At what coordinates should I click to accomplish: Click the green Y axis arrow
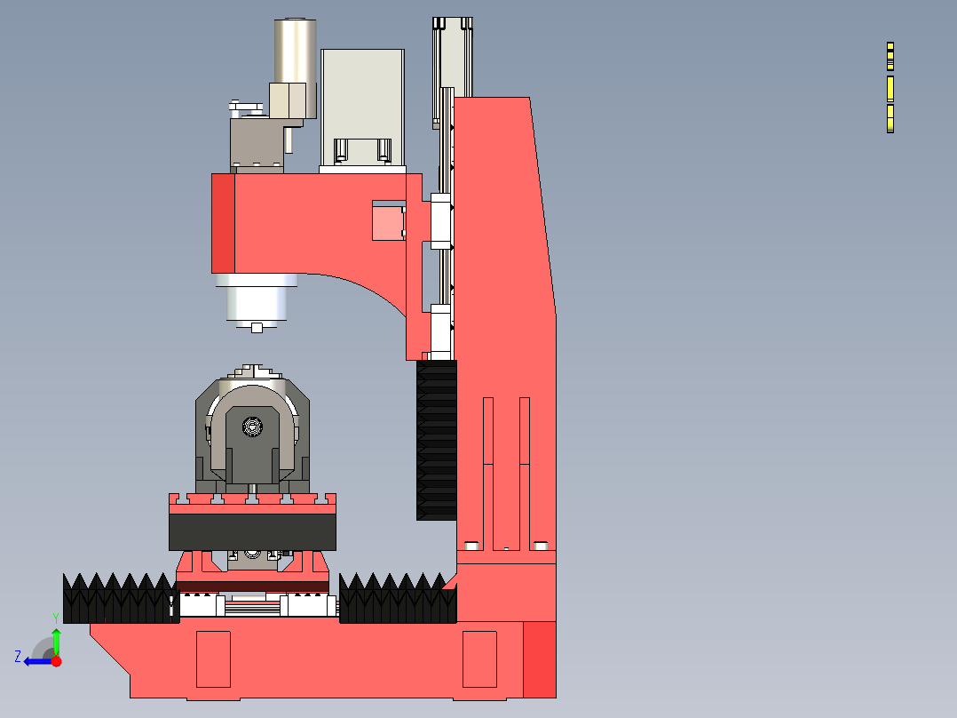click(x=56, y=642)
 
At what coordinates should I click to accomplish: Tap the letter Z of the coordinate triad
click(x=18, y=657)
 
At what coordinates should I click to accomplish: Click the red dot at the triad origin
click(x=57, y=661)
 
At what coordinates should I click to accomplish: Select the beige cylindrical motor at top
click(x=295, y=68)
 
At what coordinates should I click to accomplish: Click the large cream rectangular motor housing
click(x=362, y=107)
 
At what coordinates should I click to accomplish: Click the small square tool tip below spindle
click(x=257, y=328)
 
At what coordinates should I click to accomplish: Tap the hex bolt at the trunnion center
click(x=252, y=426)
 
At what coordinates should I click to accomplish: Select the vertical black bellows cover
click(x=437, y=440)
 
